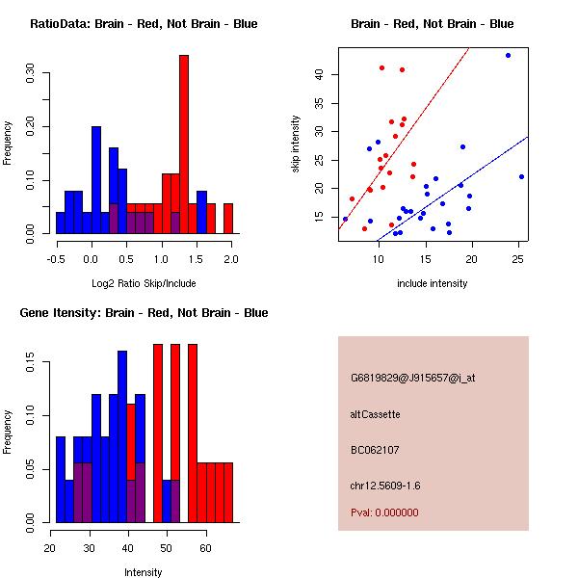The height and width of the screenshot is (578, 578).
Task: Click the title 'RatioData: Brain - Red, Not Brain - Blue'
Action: pyautogui.click(x=144, y=24)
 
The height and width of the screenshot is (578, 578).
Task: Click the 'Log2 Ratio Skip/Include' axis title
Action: pyautogui.click(x=144, y=283)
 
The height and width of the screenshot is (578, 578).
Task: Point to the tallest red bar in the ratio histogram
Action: pyautogui.click(x=184, y=144)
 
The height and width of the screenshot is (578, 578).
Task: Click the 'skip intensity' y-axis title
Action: pyautogui.click(x=296, y=144)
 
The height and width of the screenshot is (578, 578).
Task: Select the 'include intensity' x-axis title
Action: pyautogui.click(x=433, y=283)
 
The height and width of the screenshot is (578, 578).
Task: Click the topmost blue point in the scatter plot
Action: pyautogui.click(x=508, y=56)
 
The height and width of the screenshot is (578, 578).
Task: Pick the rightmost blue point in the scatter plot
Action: pyautogui.click(x=521, y=176)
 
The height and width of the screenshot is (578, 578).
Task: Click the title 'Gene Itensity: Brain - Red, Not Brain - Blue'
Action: pyautogui.click(x=144, y=313)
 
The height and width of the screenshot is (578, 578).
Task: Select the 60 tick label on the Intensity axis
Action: pyautogui.click(x=205, y=549)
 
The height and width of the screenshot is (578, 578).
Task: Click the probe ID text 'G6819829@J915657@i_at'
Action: pyautogui.click(x=412, y=378)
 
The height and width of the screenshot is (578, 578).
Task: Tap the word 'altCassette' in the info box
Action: pyautogui.click(x=375, y=414)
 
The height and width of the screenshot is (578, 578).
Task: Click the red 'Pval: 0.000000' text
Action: pyautogui.click(x=384, y=512)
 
